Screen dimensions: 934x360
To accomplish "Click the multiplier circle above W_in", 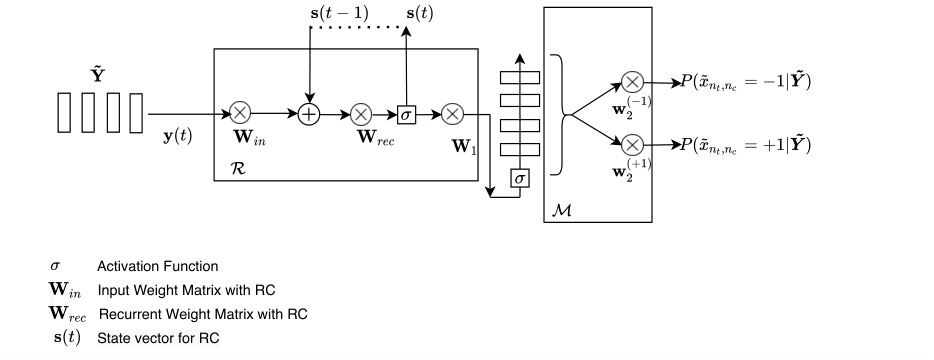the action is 240,113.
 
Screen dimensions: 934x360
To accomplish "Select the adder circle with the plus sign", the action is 309,113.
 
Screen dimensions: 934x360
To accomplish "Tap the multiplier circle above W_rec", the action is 361,114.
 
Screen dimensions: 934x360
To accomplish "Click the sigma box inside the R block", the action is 406,114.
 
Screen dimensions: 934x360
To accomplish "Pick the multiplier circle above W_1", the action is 453,114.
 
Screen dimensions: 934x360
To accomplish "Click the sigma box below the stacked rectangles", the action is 520,178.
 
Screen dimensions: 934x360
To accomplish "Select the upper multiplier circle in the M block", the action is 633,82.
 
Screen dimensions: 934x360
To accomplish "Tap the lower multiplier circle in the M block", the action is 633,145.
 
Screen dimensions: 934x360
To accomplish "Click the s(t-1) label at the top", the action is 340,13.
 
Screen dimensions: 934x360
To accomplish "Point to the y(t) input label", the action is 178,136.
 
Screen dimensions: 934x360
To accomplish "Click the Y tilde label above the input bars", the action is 98,75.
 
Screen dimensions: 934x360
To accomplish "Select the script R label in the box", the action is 237,168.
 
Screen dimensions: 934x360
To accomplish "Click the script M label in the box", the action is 562,210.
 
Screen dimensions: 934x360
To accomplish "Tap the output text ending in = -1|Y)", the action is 746,82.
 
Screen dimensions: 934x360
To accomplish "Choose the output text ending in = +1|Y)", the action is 746,145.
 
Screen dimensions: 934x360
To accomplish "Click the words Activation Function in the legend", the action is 158,266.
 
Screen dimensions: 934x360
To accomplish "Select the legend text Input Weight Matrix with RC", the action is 186,290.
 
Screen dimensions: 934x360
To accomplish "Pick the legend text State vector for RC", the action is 158,339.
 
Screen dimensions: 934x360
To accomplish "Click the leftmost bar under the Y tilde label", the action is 64,113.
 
